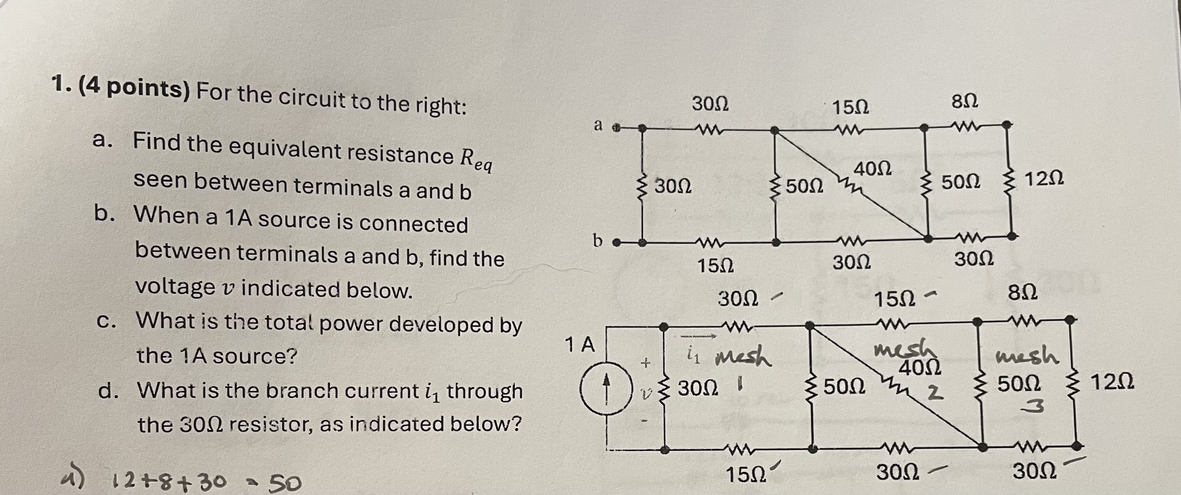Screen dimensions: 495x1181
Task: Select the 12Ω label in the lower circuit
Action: [x=1112, y=382]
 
